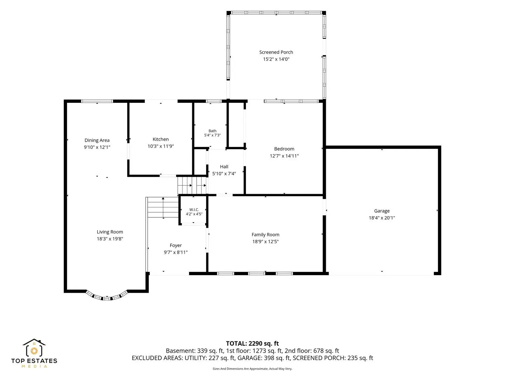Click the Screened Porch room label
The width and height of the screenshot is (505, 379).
click(276, 52)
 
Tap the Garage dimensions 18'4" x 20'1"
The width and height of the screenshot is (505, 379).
click(382, 218)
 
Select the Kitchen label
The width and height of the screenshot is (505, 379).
click(161, 139)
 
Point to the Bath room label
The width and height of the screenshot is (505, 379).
click(213, 131)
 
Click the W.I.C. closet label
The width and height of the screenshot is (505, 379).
click(194, 210)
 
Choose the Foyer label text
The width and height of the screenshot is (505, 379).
click(176, 245)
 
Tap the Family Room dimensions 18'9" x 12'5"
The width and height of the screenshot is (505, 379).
click(265, 241)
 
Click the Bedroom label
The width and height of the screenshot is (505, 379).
click(284, 149)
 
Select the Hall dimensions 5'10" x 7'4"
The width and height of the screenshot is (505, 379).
click(224, 173)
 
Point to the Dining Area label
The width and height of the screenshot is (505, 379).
click(97, 140)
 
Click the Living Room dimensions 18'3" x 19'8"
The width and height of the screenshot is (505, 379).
click(110, 239)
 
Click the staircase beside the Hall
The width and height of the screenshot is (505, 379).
click(191, 185)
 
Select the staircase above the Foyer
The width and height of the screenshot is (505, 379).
click(163, 207)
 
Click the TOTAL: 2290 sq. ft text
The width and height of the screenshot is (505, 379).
click(252, 344)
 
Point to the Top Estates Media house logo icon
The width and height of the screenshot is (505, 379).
click(34, 347)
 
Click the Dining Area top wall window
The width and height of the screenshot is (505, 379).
click(97, 101)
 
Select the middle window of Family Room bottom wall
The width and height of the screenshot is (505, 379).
click(256, 273)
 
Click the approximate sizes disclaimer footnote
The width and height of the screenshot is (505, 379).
click(252, 368)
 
